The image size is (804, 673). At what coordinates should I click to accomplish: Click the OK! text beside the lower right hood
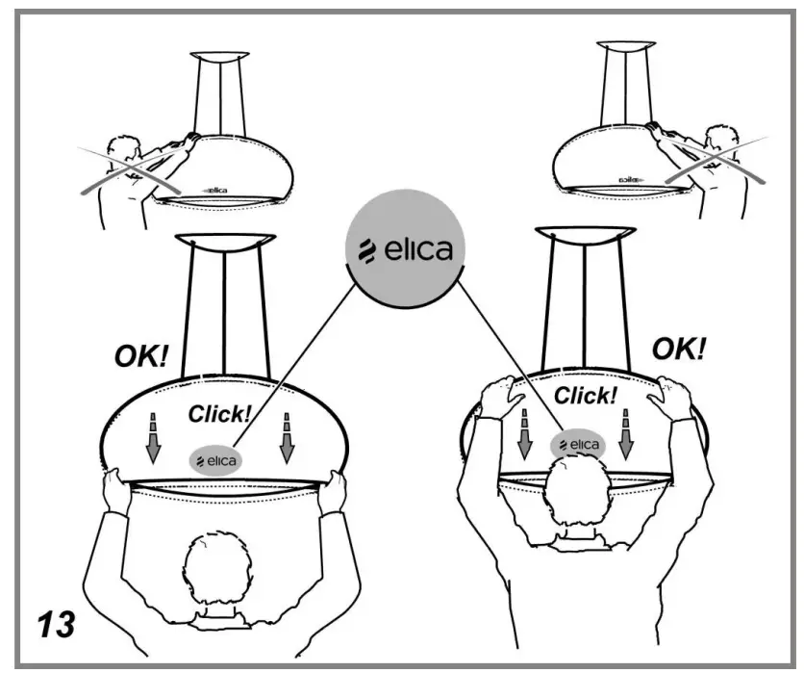(x=678, y=348)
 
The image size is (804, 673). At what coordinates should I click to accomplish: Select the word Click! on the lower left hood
(x=220, y=414)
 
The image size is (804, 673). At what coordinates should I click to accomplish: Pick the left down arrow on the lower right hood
(x=525, y=431)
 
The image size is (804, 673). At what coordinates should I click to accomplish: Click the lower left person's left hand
(x=113, y=486)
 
